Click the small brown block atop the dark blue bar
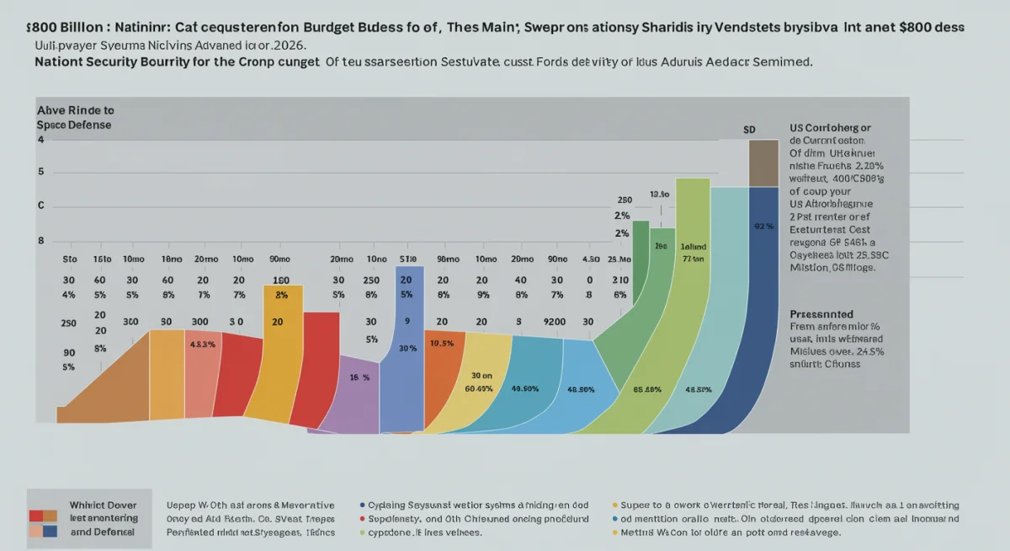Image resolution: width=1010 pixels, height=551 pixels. (x=763, y=163)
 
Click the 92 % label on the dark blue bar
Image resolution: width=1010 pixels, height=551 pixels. (x=763, y=226)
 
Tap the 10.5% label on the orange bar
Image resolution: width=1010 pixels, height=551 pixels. (x=442, y=344)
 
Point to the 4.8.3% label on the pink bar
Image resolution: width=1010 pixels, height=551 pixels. (x=202, y=345)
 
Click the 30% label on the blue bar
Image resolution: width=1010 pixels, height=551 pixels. (x=407, y=348)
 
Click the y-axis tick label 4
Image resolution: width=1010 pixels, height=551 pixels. (x=40, y=139)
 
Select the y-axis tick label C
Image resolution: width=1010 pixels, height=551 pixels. (x=40, y=206)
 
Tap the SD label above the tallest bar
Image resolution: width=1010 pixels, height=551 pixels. (x=749, y=130)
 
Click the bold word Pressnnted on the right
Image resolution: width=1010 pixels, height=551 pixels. (x=821, y=312)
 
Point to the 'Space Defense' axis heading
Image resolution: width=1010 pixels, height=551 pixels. (x=74, y=125)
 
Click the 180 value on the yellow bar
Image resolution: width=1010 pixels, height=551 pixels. (x=280, y=281)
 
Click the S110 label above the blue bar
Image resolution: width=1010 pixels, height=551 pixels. (x=407, y=259)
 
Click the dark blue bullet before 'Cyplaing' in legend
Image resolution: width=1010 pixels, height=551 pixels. (x=361, y=505)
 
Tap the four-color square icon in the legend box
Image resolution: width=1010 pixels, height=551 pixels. (x=42, y=523)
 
